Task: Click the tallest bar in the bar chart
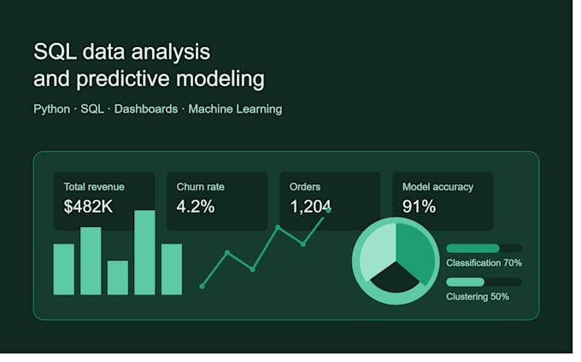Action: click(x=144, y=253)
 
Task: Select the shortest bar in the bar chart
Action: click(x=118, y=277)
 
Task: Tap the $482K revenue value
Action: click(x=88, y=206)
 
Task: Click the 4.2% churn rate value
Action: click(x=196, y=206)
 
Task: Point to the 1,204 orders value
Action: click(x=310, y=207)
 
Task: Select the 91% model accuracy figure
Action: click(x=419, y=206)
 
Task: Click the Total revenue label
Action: click(x=94, y=187)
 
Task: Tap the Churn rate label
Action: click(x=201, y=187)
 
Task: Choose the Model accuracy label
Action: click(x=438, y=187)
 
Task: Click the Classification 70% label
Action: click(x=484, y=263)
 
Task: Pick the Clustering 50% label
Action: click(x=478, y=296)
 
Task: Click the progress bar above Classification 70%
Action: click(x=484, y=248)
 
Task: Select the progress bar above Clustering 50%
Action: click(x=484, y=282)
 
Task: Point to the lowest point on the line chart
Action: click(x=202, y=286)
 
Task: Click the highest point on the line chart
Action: click(x=328, y=210)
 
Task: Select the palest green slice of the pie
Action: click(x=377, y=252)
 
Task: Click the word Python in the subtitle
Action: click(x=52, y=109)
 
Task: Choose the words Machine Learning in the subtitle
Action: click(x=235, y=109)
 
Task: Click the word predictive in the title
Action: click(x=123, y=79)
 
